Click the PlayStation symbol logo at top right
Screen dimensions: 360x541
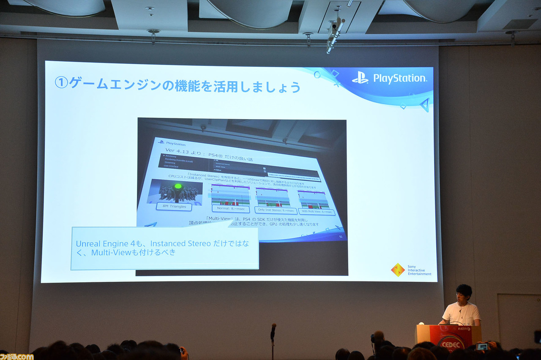coord(360,78)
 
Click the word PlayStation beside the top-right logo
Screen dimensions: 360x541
coord(399,79)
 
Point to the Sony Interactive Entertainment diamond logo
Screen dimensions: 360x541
coord(397,270)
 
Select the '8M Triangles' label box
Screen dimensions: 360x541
coord(174,207)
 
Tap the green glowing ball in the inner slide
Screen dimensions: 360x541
coord(178,186)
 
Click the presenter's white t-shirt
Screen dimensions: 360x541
coord(462,314)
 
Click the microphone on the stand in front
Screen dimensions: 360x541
coord(273,330)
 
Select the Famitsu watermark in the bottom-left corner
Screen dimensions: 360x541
coord(17,356)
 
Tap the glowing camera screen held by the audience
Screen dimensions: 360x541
coord(482,346)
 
